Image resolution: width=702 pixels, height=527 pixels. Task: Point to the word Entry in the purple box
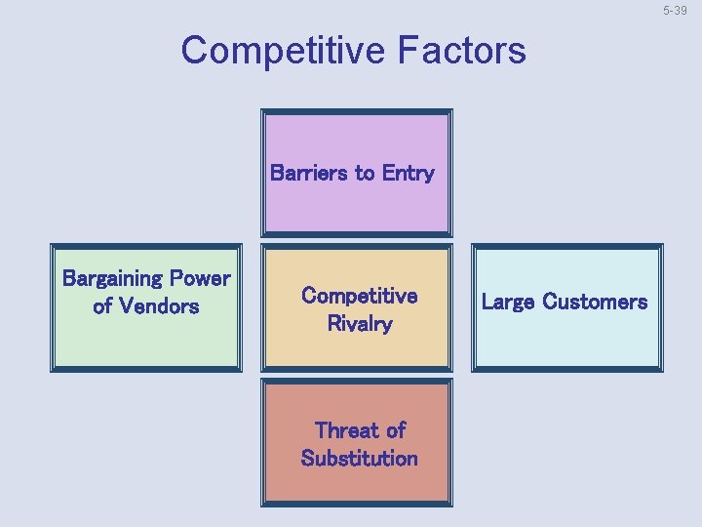coord(409,174)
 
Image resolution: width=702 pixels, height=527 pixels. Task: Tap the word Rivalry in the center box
coord(359,324)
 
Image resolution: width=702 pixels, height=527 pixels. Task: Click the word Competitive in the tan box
coord(359,296)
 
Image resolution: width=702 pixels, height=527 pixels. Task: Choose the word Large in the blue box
coord(507,302)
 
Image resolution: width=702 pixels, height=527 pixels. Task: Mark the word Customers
coord(595,302)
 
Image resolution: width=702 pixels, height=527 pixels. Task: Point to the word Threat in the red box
coord(346,430)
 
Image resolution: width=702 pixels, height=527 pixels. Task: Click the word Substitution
coord(359,459)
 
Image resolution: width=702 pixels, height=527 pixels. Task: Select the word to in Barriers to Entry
coord(365,174)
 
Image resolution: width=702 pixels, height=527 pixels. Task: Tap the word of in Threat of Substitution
coord(395,430)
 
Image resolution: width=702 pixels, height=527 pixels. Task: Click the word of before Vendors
coord(102,306)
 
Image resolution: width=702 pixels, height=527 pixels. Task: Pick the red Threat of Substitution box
coord(357,483)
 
